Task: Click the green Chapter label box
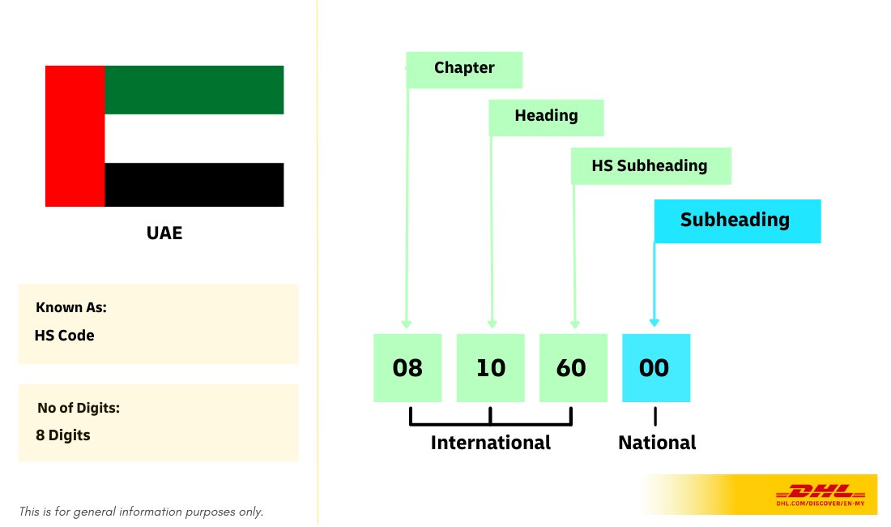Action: click(464, 69)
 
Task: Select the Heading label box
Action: click(546, 117)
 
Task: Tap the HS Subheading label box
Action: click(650, 166)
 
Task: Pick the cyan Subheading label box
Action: click(736, 221)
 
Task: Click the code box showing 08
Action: click(407, 368)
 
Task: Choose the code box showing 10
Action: click(491, 368)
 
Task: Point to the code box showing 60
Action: click(573, 368)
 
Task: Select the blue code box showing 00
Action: click(655, 368)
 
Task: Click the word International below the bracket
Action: click(491, 443)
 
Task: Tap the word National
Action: click(657, 443)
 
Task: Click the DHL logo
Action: click(821, 492)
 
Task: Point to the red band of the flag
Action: click(75, 136)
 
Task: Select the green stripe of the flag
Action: click(194, 89)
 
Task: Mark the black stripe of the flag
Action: click(194, 185)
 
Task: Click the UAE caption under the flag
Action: click(164, 234)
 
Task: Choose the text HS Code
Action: click(65, 335)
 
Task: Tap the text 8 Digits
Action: click(63, 435)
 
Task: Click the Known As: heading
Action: click(71, 308)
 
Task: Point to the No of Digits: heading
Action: click(79, 408)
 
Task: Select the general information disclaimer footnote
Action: click(142, 512)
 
